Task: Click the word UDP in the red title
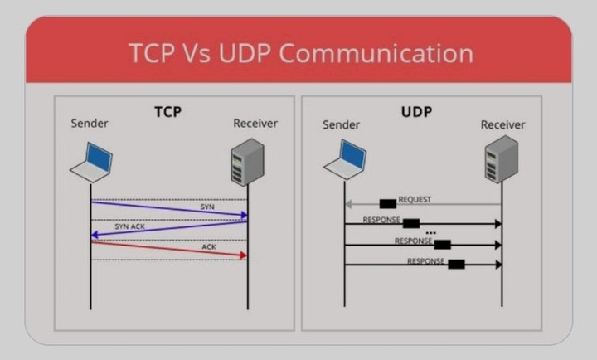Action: coord(245,53)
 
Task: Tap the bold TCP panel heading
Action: coord(167,112)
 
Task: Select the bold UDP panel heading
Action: coord(416,112)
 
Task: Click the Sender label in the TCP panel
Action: coord(90,124)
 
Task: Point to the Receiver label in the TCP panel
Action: coord(255,124)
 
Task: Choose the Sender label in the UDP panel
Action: coord(341,124)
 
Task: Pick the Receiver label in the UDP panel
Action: coord(503,124)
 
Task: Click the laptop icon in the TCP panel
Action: coord(91,163)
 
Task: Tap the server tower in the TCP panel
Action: coord(247,162)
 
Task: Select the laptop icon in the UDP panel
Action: coord(345,159)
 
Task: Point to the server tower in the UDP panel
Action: coord(502,159)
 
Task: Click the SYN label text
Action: coord(207,207)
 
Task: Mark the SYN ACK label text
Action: coord(130,226)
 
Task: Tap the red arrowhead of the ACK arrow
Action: coord(244,255)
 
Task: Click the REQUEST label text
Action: coord(415,200)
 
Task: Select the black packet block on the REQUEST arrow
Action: coord(387,204)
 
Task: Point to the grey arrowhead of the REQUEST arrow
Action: coord(348,204)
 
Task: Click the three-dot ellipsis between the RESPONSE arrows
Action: coord(430,233)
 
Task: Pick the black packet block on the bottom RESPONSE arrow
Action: coord(456,264)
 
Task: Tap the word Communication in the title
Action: coord(376,53)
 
